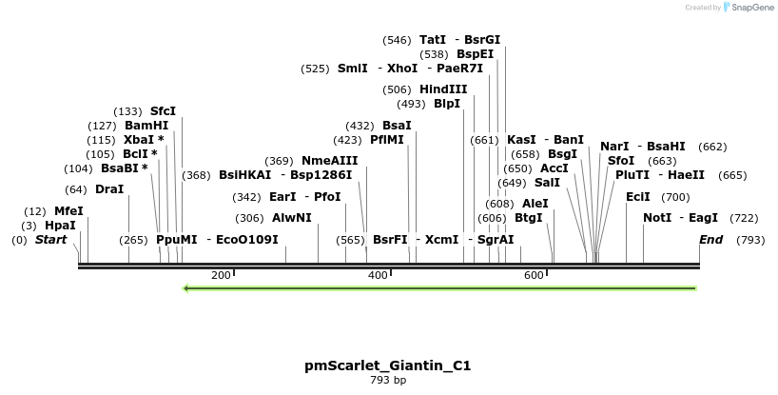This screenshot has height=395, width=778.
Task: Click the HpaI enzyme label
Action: [60, 226]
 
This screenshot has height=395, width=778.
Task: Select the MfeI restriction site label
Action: [68, 211]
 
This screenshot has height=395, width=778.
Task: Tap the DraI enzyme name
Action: [109, 189]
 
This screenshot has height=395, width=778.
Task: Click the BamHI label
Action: [146, 126]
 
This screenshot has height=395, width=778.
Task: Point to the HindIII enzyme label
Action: [443, 89]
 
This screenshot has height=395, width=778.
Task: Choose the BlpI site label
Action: [447, 104]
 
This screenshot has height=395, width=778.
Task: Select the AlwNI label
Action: [292, 218]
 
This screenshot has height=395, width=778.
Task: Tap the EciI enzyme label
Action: [638, 197]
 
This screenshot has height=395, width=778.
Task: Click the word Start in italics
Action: [51, 240]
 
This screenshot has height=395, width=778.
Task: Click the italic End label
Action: [710, 240]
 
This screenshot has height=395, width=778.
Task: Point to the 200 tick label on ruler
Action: [221, 275]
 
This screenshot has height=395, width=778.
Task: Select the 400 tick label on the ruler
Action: [378, 275]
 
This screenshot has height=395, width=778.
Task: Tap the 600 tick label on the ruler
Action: [534, 275]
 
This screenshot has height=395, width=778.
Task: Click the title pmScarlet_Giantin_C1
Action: [387, 365]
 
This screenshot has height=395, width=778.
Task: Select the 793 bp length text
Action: [387, 381]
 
